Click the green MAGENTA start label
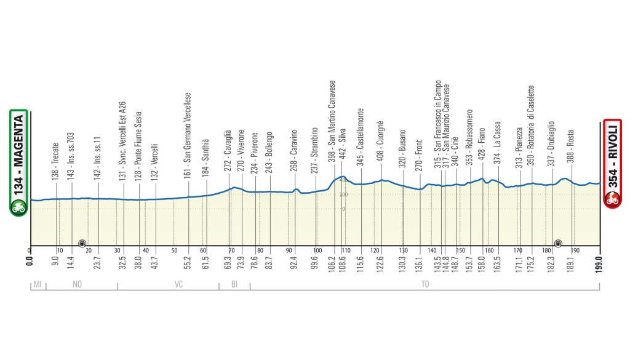[18, 163]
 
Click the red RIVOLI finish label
[612, 163]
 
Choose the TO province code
[425, 285]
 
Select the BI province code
[234, 285]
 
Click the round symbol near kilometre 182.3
[558, 242]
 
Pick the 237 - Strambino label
[314, 151]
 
